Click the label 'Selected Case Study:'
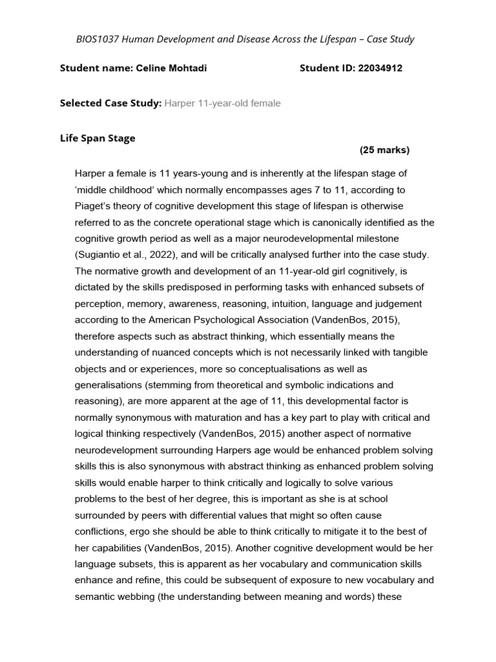[110, 103]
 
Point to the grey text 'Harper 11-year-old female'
[222, 103]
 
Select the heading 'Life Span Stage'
[98, 138]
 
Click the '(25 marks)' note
[384, 151]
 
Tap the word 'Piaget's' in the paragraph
[94, 206]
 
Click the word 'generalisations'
[110, 385]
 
